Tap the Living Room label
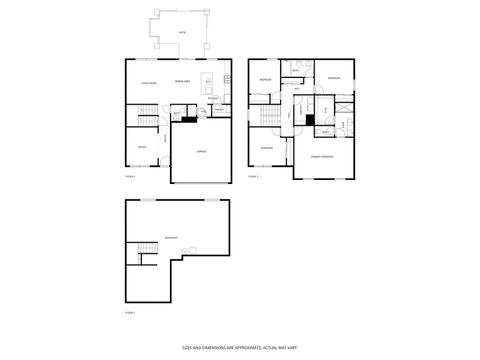[144, 81]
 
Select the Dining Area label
[182, 80]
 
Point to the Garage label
[201, 151]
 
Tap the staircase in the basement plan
[146, 248]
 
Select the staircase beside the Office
[146, 119]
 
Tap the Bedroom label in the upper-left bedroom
[266, 79]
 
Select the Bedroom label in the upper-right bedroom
[333, 77]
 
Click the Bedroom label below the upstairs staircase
[267, 149]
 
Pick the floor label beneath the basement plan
[129, 313]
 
